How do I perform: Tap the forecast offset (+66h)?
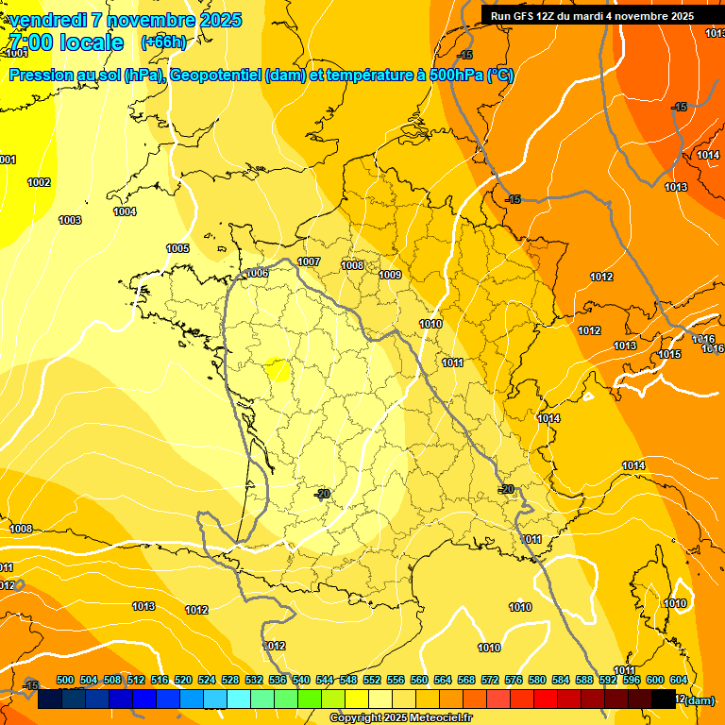[162, 42]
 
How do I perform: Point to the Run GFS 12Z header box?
[592, 16]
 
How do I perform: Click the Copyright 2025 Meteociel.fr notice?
[400, 718]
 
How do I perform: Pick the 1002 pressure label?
[39, 182]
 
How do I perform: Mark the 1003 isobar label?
[70, 220]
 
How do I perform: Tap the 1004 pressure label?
[125, 211]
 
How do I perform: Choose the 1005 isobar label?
[177, 248]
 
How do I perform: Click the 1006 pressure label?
[257, 273]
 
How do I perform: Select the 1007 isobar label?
[309, 261]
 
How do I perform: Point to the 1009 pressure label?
[390, 275]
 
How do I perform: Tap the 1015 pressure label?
[669, 354]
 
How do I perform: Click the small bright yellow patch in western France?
[278, 369]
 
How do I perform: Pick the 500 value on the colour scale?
[65, 680]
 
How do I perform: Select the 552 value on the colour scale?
[372, 680]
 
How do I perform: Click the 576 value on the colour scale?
[514, 680]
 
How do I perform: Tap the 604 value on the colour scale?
[679, 680]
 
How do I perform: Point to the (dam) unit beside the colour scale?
[698, 700]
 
